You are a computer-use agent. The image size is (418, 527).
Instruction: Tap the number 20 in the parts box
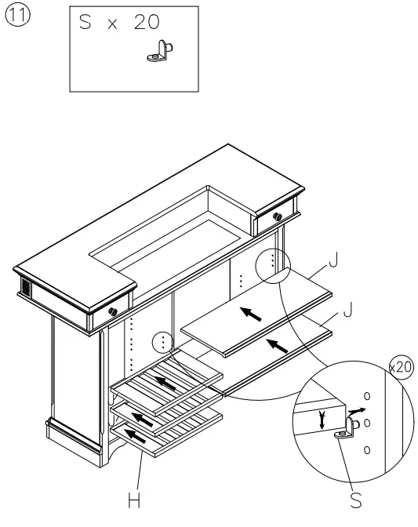point(146,24)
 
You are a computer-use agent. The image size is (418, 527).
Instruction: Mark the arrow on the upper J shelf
point(251,314)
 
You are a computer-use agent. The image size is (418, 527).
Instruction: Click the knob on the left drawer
point(113,311)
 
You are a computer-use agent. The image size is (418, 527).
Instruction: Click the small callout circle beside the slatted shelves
point(162,343)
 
